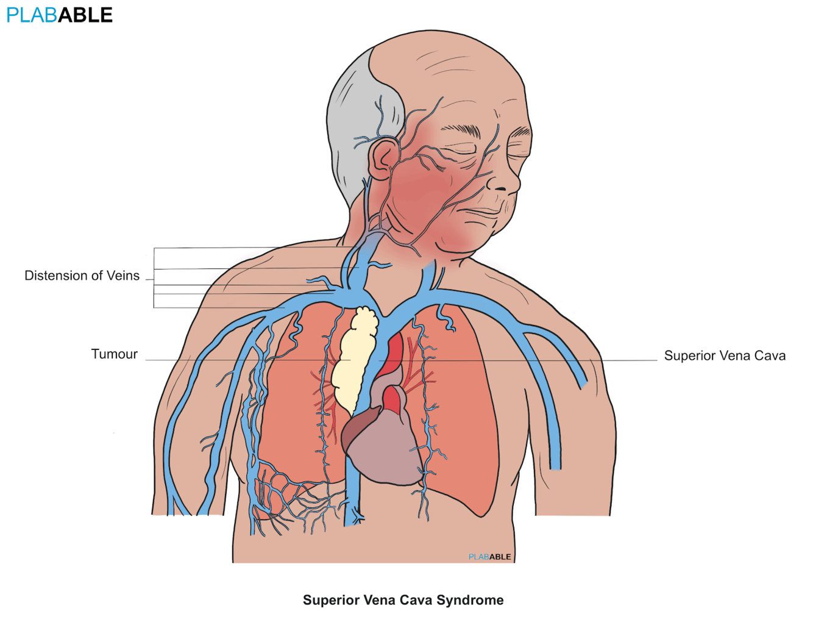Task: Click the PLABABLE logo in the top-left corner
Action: (x=59, y=15)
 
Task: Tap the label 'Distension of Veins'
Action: (x=82, y=276)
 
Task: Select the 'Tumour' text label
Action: (x=114, y=354)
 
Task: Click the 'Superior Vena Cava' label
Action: (x=725, y=356)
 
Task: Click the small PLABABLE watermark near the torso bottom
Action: (x=489, y=557)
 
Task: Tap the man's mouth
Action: (x=485, y=212)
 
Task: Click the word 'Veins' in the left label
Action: (x=123, y=276)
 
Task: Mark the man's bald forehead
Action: (x=451, y=79)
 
